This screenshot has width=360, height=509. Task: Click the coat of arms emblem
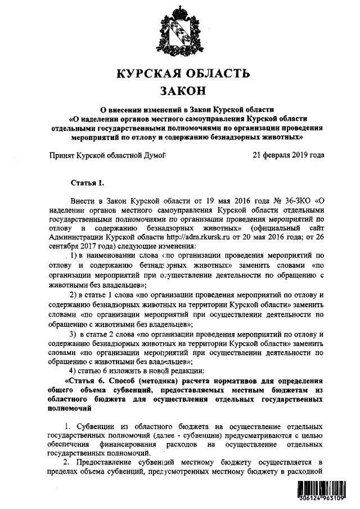click(x=179, y=29)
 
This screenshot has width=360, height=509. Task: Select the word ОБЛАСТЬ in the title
click(x=217, y=73)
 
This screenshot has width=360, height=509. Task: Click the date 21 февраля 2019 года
click(x=288, y=155)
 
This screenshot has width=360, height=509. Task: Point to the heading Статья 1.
click(x=88, y=183)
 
